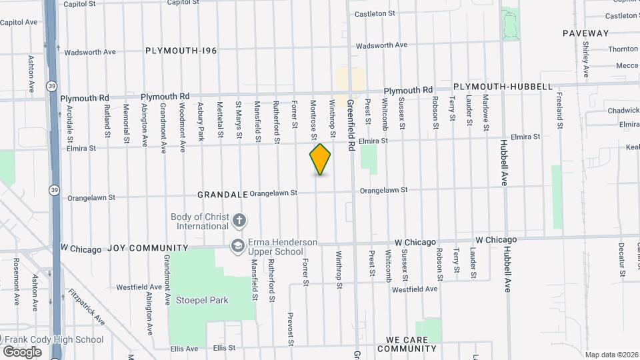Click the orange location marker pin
coord(320,159)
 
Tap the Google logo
coord(22,351)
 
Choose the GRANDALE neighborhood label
coord(222,194)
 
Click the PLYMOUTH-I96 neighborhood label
coord(181,50)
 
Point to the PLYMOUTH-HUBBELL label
coord(503,87)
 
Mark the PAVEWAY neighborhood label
coord(585,33)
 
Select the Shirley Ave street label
coord(586,60)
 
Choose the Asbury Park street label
coord(200,121)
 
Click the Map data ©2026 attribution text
coord(610,355)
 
